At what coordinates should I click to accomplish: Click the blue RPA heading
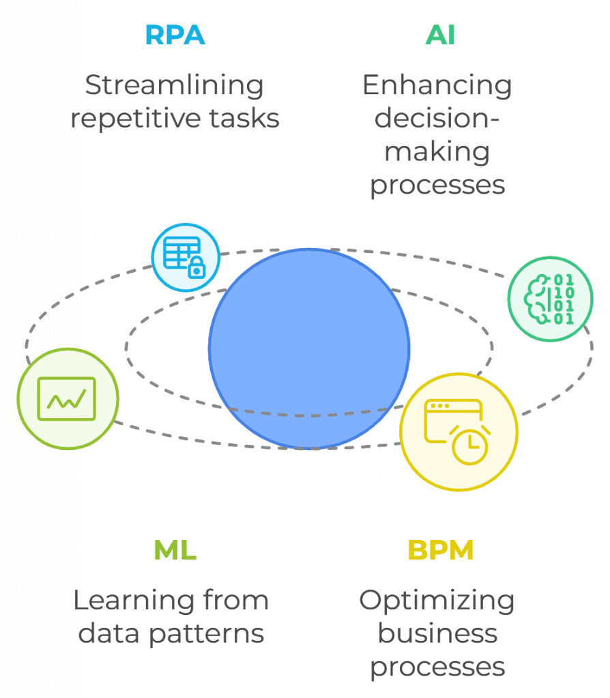point(175,35)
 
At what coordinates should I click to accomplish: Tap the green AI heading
point(440,35)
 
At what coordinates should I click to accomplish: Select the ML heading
point(175,549)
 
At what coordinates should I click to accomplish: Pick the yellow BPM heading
point(440,549)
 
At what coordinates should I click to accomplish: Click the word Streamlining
point(174,86)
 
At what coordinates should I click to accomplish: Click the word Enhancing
point(437,86)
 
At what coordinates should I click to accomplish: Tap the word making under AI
point(437,151)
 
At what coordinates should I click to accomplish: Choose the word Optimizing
point(437,601)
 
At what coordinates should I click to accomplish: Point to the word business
point(437,634)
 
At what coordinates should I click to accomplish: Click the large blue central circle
point(309,348)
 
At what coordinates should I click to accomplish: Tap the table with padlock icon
point(185,257)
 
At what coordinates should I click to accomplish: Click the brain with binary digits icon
point(550,299)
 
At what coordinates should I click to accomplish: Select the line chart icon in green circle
point(67,399)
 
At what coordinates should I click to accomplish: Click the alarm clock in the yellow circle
point(469,446)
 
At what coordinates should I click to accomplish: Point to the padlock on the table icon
point(197,268)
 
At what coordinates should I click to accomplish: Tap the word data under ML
point(104,634)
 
